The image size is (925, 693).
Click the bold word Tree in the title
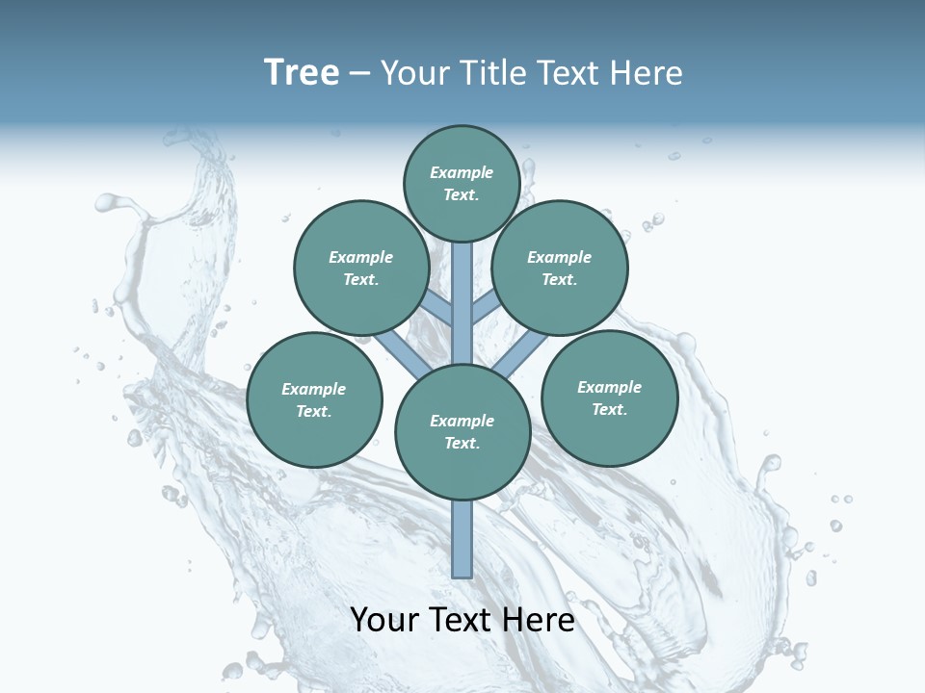point(302,72)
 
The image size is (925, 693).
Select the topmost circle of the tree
point(462,183)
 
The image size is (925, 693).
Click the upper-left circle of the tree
point(361,268)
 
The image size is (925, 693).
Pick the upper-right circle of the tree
point(560,268)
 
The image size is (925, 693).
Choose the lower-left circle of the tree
point(314,399)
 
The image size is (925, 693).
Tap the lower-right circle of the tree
point(609,398)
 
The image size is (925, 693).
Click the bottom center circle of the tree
point(462,431)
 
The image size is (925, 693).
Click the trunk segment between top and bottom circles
point(462,303)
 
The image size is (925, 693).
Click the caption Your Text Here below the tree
point(462,620)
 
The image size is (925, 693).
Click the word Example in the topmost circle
point(462,172)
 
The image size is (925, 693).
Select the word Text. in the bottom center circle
point(462,443)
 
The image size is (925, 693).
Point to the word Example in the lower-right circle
point(609,387)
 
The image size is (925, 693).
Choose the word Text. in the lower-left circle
point(314,411)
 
